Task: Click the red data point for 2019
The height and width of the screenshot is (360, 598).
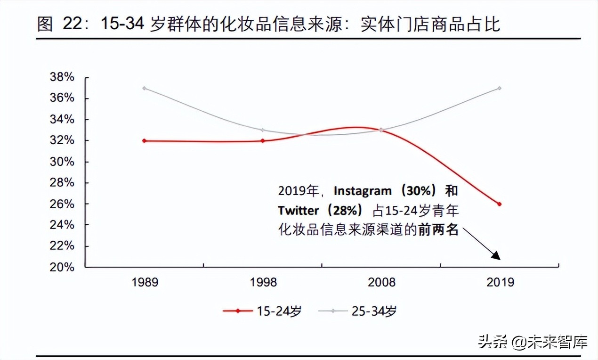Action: [499, 204]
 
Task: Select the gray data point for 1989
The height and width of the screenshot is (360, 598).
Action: [144, 88]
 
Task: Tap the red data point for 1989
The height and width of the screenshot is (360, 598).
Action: [144, 141]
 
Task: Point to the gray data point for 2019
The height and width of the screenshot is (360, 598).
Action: [499, 88]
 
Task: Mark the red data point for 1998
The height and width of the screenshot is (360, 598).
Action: [263, 141]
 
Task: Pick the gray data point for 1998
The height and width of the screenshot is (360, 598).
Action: [263, 130]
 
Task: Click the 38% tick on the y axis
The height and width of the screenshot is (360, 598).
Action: [62, 77]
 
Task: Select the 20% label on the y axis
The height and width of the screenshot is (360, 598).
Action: [62, 267]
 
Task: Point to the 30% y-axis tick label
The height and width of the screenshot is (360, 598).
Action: [62, 162]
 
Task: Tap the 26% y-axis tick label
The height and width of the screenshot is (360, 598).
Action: [62, 204]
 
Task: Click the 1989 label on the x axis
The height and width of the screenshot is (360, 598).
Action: [145, 283]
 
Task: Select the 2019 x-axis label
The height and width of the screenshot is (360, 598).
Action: [499, 283]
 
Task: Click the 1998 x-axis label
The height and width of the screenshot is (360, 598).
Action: [263, 283]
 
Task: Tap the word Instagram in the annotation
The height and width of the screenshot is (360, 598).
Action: [363, 191]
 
